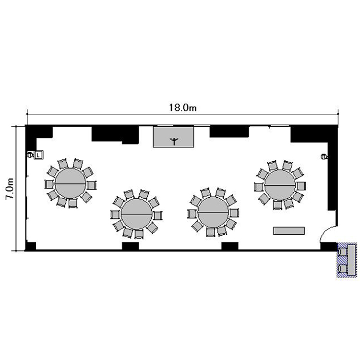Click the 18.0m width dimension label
point(183,108)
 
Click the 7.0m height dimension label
point(10,189)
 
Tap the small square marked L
point(38,155)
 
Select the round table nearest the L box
point(71,183)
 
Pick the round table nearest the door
point(280,185)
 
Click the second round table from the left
point(137,214)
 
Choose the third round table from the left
point(214,212)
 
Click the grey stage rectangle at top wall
point(174,137)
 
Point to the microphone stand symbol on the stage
point(174,141)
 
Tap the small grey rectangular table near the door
point(289,231)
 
